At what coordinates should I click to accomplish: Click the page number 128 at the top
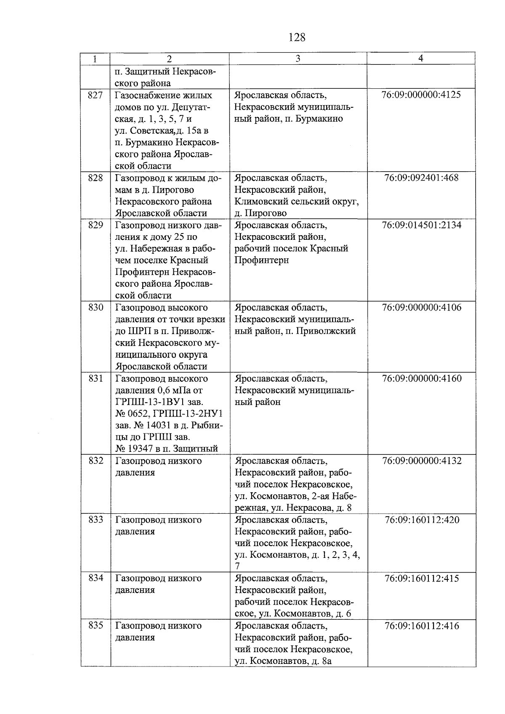pos(297,37)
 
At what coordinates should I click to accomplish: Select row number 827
pos(96,95)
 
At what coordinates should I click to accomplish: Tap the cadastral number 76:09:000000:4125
pos(421,95)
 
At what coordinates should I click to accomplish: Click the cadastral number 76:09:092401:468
pos(421,178)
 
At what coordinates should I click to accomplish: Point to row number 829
pos(96,225)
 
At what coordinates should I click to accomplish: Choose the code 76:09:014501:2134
pos(421,225)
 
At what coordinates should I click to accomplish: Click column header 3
pos(298,58)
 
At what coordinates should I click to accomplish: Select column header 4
pos(421,58)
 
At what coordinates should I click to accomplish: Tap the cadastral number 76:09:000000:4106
pos(421,308)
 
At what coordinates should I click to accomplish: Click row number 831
pos(96,378)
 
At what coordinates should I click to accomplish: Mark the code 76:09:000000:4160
pos(421,378)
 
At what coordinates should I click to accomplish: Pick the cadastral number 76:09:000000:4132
pos(421,461)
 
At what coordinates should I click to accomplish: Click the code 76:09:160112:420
pos(421,520)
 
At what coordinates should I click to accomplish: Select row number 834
pos(96,578)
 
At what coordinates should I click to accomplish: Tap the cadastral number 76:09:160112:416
pos(421,626)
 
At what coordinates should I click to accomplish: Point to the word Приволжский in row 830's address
pos(326,331)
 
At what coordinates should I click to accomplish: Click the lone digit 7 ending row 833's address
pos(237,567)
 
